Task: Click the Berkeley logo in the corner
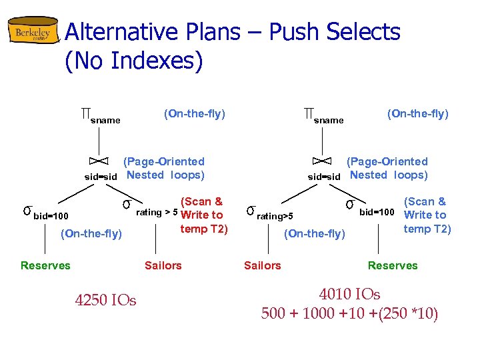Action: pyautogui.click(x=33, y=34)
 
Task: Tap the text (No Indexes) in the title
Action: pyautogui.click(x=134, y=61)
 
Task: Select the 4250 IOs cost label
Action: pyautogui.click(x=105, y=301)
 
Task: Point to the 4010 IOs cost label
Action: pyautogui.click(x=349, y=294)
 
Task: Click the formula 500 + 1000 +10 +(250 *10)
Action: pyautogui.click(x=349, y=313)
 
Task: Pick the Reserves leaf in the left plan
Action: pyautogui.click(x=45, y=265)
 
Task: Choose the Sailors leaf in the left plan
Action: pyautogui.click(x=163, y=265)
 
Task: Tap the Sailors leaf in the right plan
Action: pyautogui.click(x=262, y=265)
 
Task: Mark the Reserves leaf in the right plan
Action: pyautogui.click(x=393, y=265)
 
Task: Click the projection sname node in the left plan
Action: pyautogui.click(x=100, y=117)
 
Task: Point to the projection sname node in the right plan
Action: pyautogui.click(x=323, y=117)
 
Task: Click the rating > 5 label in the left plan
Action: pyautogui.click(x=156, y=213)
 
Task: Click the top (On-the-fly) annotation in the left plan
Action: pyautogui.click(x=195, y=114)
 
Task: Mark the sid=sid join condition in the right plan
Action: pyautogui.click(x=324, y=177)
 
